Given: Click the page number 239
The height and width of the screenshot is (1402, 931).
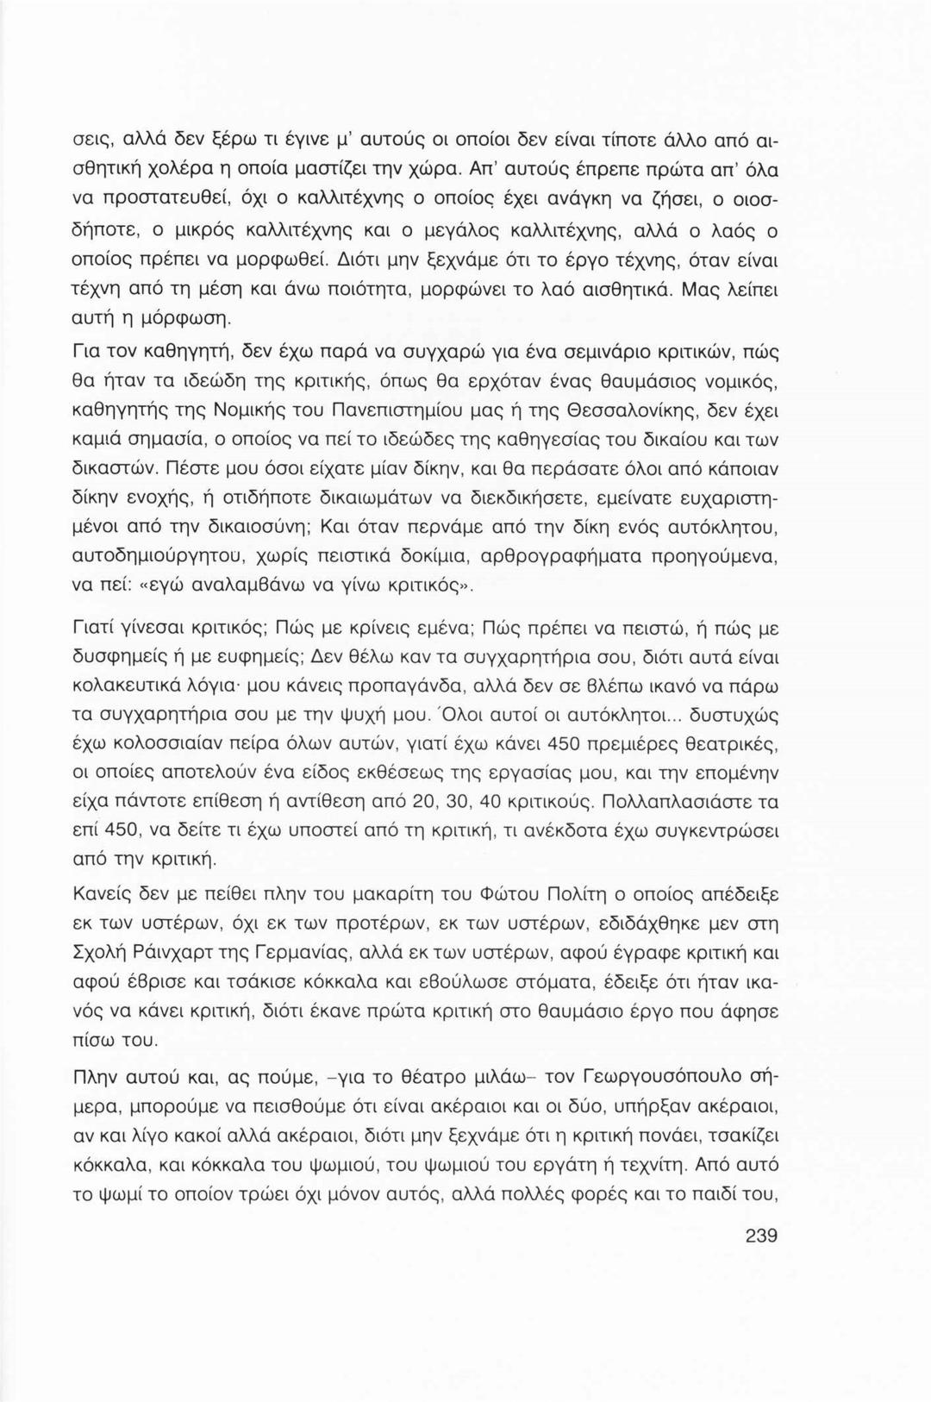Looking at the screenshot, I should (761, 1236).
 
